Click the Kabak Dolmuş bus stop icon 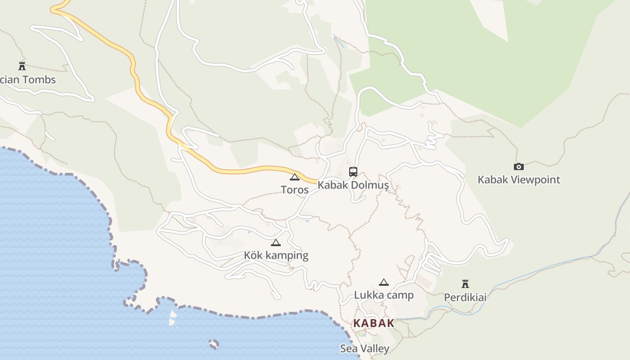pyautogui.click(x=353, y=171)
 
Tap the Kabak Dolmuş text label pyautogui.click(x=353, y=185)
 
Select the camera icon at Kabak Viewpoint pyautogui.click(x=519, y=166)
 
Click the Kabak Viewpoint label pyautogui.click(x=519, y=180)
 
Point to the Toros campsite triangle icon pyautogui.click(x=295, y=177)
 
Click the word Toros pyautogui.click(x=295, y=190)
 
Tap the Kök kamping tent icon pyautogui.click(x=276, y=243)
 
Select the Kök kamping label pyautogui.click(x=276, y=256)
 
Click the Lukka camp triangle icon pyautogui.click(x=383, y=283)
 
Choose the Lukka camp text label pyautogui.click(x=383, y=295)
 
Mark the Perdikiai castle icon pyautogui.click(x=465, y=284)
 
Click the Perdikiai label pyautogui.click(x=465, y=297)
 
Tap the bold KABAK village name pyautogui.click(x=373, y=323)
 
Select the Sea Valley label pyautogui.click(x=364, y=349)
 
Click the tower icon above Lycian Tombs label pyautogui.click(x=22, y=66)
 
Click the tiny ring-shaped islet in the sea pyautogui.click(x=214, y=344)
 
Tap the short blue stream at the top pyautogui.click(x=339, y=41)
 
